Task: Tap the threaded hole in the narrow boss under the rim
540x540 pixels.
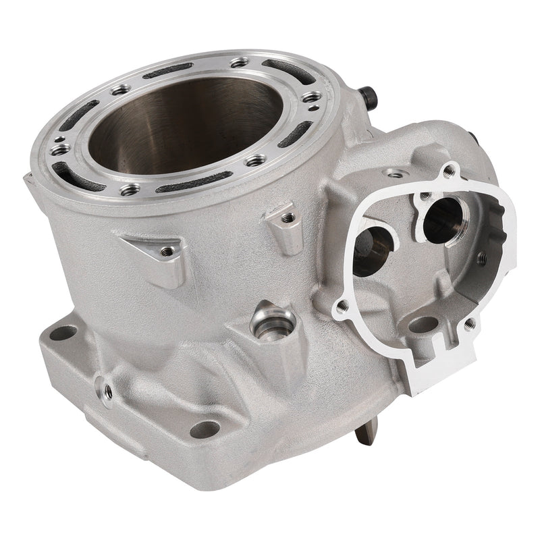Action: pyautogui.click(x=287, y=218)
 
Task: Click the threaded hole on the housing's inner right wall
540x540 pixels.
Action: pyautogui.click(x=482, y=257)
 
